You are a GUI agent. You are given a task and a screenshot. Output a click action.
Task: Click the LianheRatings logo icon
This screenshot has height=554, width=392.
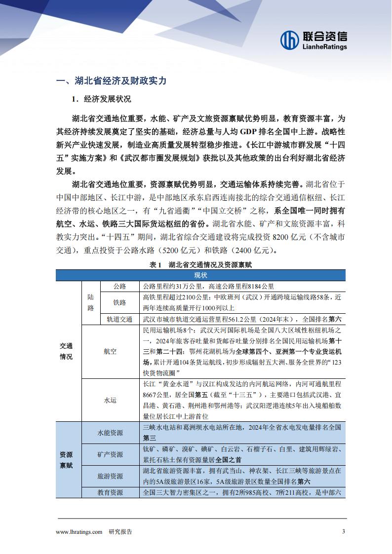tap(290, 40)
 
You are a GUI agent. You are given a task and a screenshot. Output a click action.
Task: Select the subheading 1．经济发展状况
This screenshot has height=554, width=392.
tap(101, 99)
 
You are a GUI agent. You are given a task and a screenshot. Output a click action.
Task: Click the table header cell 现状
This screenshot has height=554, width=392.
tap(200, 275)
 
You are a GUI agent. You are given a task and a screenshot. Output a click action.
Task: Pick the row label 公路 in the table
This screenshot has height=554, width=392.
tap(119, 286)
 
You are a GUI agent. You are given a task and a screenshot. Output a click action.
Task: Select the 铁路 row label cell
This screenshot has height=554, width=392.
tap(119, 302)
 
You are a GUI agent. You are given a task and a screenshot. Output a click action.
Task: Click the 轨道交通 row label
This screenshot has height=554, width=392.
tap(119, 319)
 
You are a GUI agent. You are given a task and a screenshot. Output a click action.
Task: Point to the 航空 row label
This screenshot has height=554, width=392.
tap(110, 351)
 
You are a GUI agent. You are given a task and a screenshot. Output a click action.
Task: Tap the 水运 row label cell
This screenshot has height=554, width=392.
tap(110, 401)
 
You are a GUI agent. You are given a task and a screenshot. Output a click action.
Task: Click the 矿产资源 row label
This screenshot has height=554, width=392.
tap(110, 454)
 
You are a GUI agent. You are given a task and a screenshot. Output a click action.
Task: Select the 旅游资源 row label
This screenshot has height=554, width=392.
tap(110, 476)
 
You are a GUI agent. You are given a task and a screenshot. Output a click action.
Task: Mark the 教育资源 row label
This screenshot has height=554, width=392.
tap(110, 492)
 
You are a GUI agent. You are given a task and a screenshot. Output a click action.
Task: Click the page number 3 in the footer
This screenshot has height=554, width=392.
tap(344, 531)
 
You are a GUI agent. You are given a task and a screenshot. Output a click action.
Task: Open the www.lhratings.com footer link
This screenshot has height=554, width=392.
tap(79, 531)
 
